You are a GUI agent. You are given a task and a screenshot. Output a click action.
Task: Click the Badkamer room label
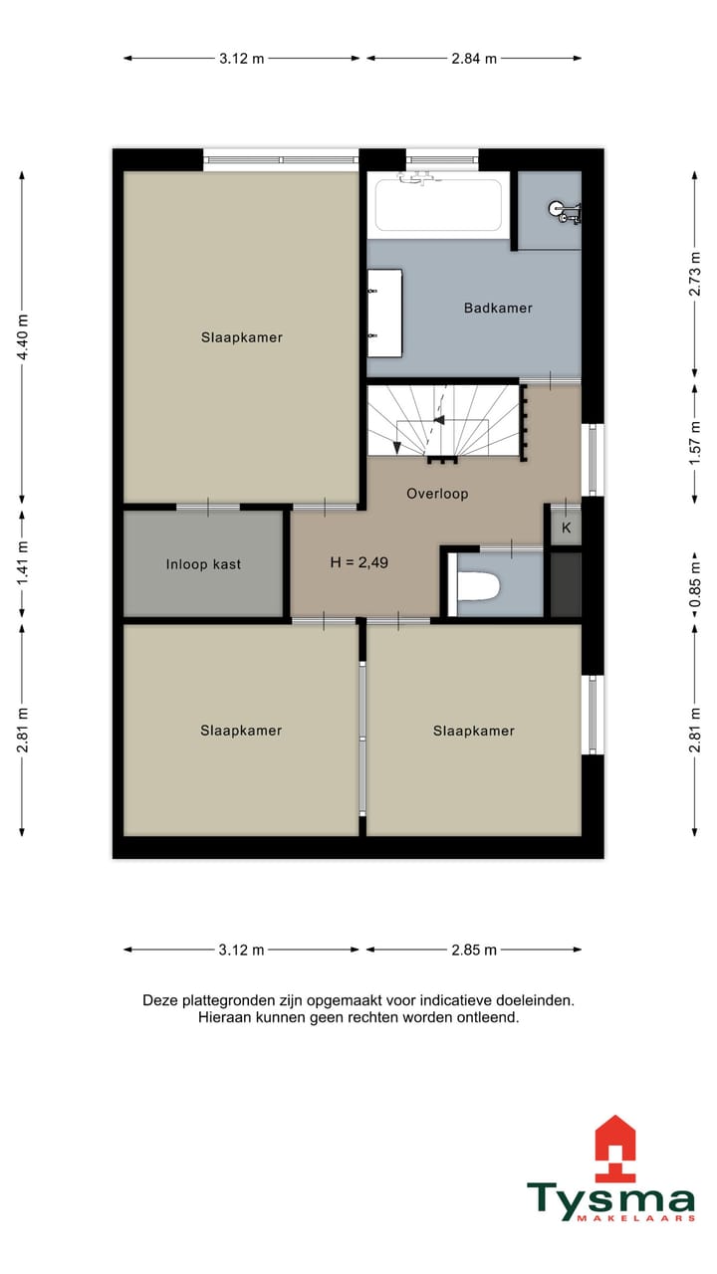pos(498,309)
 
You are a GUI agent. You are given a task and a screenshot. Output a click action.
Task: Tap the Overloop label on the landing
pos(437,494)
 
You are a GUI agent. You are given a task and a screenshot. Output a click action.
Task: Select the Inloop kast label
pos(203,564)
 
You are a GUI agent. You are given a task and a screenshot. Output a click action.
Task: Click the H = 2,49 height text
pos(358,562)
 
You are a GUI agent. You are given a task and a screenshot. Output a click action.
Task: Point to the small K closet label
pos(566,528)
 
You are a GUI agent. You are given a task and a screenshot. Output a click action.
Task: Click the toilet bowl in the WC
pos(477,588)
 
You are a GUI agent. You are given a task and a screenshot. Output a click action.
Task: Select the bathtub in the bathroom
pos(438,205)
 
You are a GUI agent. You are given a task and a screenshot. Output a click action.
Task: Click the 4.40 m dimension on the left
pos(23,336)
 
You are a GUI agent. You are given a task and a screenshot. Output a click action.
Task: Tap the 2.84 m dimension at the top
pos(474,58)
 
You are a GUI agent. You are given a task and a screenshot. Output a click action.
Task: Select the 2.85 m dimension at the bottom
pos(475,950)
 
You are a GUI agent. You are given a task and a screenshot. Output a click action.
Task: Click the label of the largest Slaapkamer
pos(241,337)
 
